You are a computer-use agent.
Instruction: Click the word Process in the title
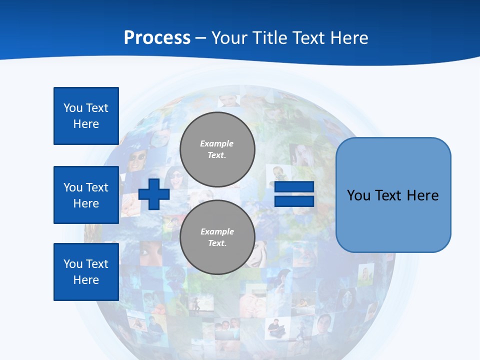click(157, 38)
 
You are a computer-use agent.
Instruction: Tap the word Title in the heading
click(272, 38)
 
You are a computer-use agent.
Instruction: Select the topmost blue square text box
click(86, 116)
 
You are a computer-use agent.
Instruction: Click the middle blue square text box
click(86, 195)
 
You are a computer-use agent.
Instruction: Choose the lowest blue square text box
click(86, 271)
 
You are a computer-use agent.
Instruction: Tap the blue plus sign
click(154, 194)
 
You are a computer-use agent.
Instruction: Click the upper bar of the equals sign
click(294, 187)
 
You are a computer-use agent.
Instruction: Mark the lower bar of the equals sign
click(294, 201)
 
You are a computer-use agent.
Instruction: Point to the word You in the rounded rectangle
click(358, 195)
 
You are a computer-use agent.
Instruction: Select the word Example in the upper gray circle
click(217, 143)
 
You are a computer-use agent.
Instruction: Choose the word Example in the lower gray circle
click(217, 231)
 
